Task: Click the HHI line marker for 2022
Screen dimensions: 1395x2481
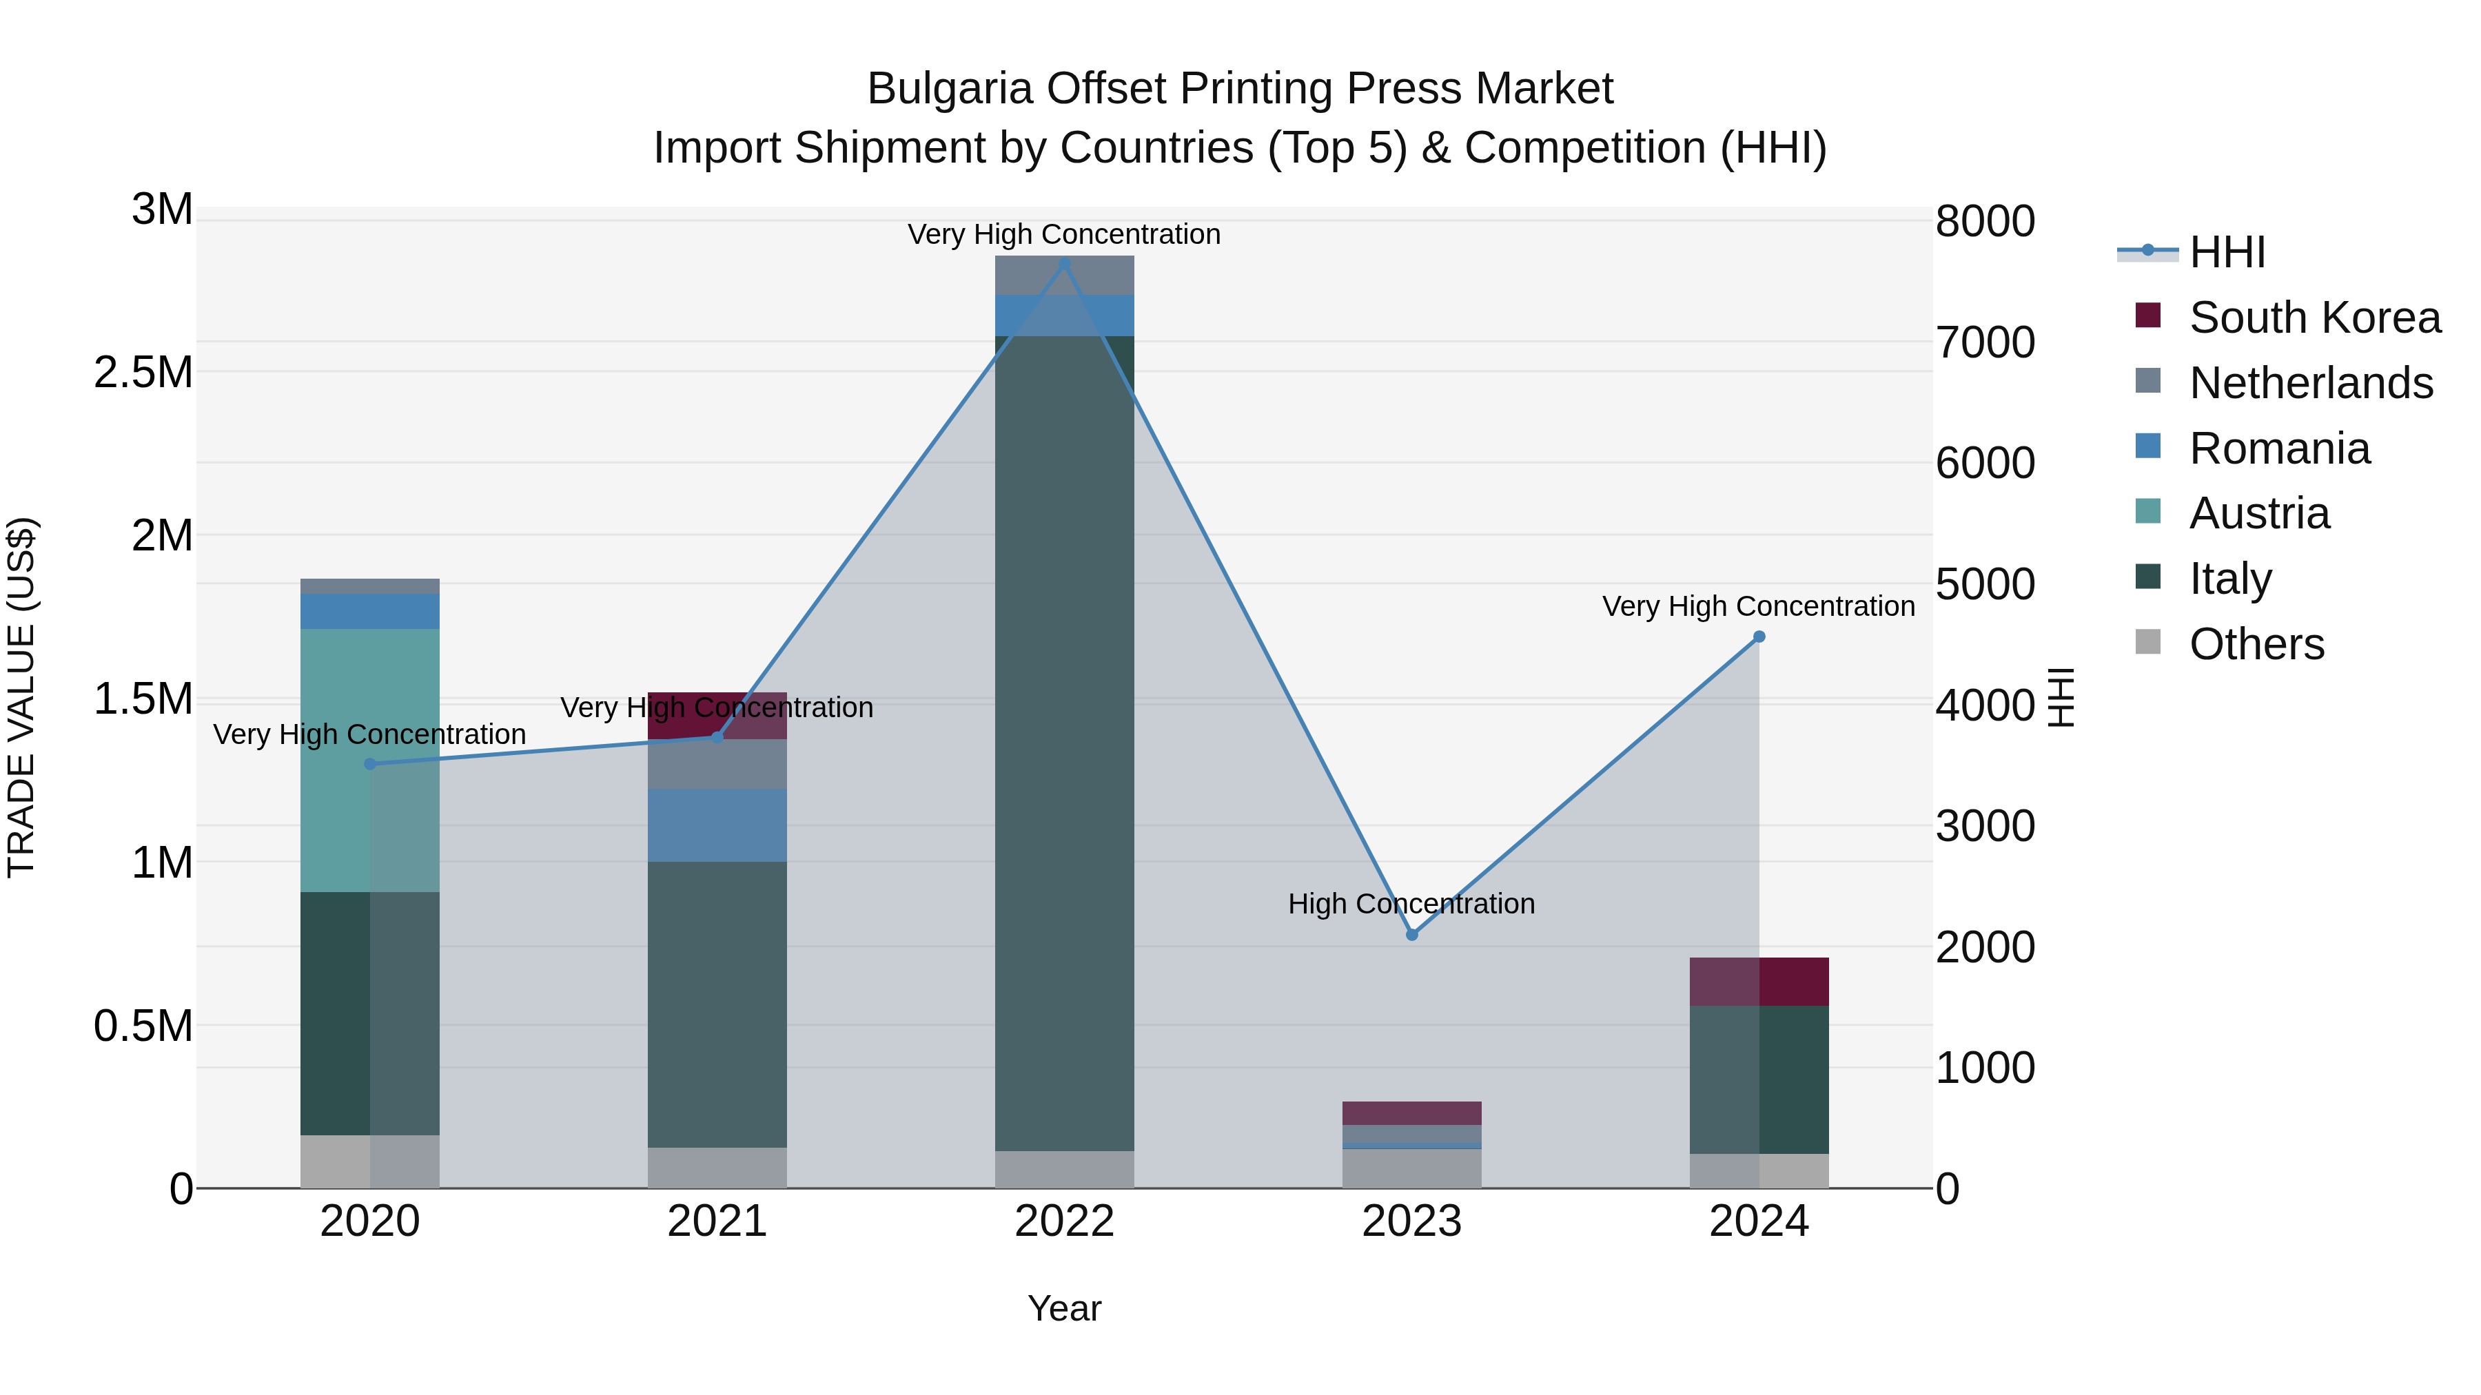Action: [1064, 263]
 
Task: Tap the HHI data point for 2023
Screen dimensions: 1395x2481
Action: [1412, 935]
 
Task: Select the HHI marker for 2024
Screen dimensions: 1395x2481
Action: [1759, 637]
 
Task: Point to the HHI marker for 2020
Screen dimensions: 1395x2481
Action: [370, 763]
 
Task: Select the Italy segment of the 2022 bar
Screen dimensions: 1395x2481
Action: [1064, 741]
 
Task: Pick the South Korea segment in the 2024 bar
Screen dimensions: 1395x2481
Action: [1759, 981]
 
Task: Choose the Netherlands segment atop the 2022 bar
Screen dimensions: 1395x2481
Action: [1064, 276]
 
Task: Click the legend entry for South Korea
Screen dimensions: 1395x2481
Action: [2314, 318]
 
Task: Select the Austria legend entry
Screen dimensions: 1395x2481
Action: [2258, 513]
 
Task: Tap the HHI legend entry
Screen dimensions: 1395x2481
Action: [2227, 252]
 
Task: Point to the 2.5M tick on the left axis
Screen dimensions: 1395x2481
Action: [143, 373]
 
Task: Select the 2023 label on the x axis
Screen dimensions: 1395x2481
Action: [1412, 1221]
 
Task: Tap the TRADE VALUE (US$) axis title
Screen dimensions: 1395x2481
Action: [21, 697]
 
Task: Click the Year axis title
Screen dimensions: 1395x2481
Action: [1064, 1308]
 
